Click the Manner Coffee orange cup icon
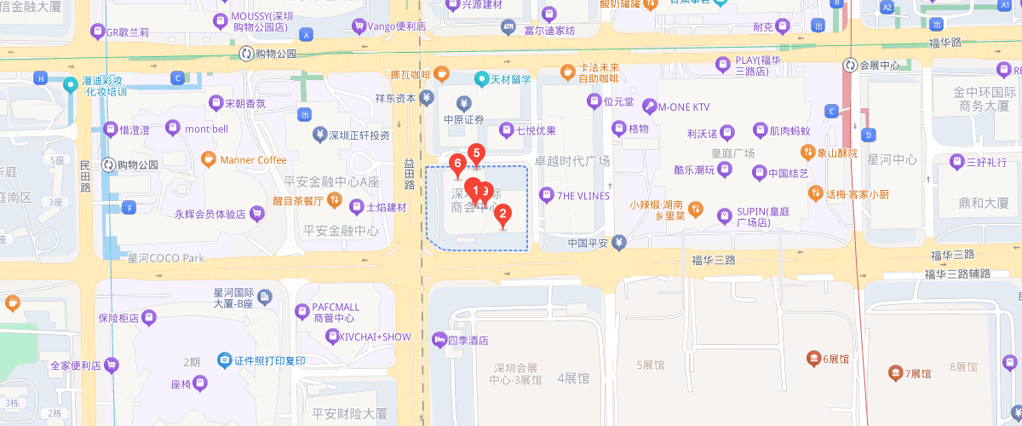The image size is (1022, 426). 208,159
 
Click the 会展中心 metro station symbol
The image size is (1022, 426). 849,65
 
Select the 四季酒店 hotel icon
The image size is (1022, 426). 439,340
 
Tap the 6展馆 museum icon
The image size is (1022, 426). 814,359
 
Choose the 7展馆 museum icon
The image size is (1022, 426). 895,373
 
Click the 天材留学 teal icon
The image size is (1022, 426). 481,79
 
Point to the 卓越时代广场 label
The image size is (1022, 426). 571,160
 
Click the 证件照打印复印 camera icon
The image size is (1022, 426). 224,360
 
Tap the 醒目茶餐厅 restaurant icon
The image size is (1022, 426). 335,201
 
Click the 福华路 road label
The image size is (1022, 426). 944,42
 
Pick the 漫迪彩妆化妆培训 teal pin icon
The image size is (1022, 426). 70,83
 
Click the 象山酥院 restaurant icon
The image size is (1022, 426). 807,153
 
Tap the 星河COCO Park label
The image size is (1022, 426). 165,257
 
